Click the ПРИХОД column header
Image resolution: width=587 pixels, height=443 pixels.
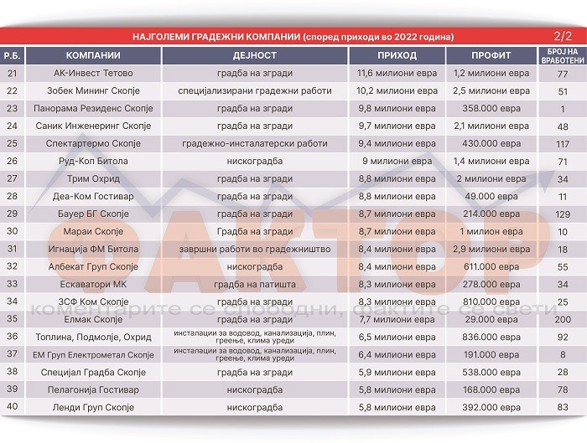(397, 55)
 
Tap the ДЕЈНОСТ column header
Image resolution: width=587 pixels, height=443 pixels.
(253, 55)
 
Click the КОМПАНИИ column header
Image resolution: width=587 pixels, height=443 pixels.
(93, 55)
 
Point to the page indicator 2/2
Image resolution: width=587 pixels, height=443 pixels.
(564, 36)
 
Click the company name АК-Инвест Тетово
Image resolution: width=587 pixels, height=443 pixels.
(93, 73)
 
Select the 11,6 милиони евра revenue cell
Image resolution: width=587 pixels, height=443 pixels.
(397, 73)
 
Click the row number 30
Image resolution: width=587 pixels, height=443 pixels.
(13, 231)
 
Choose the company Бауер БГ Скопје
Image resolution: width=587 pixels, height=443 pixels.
(93, 214)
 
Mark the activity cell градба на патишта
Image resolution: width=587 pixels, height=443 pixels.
(253, 284)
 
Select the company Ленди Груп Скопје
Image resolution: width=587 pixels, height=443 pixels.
(93, 407)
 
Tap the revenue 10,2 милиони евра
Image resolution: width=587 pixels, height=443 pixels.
(397, 90)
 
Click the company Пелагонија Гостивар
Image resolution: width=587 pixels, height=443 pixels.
(93, 389)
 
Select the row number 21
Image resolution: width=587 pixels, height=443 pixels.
(13, 73)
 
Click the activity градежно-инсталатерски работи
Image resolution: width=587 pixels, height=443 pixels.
(253, 143)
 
